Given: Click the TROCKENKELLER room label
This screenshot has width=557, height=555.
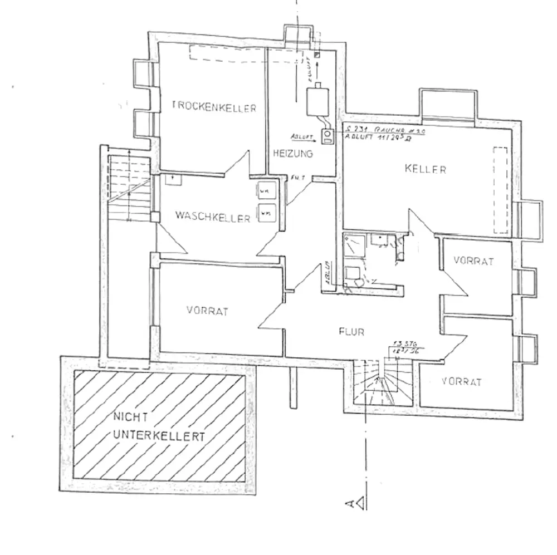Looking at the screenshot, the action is click(x=214, y=107).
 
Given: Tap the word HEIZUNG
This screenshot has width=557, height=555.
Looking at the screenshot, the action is click(x=292, y=153).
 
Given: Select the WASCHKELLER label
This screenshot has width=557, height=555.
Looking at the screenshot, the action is click(x=212, y=218).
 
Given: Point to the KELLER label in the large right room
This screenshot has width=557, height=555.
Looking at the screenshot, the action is click(x=426, y=169).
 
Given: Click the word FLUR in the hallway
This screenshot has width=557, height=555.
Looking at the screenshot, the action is click(x=351, y=332).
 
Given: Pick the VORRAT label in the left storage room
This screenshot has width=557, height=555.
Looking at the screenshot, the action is click(x=208, y=312).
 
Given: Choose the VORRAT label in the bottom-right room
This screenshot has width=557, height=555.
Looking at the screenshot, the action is click(x=461, y=382).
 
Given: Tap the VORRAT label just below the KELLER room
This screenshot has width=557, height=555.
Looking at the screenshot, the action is click(x=473, y=261).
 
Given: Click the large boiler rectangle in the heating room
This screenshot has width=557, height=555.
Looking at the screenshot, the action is click(x=317, y=101).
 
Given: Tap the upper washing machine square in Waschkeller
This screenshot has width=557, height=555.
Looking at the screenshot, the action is click(x=266, y=191).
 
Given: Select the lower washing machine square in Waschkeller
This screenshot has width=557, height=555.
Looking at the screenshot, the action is click(x=266, y=212).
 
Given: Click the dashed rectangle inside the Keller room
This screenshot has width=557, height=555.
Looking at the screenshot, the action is click(x=501, y=189).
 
